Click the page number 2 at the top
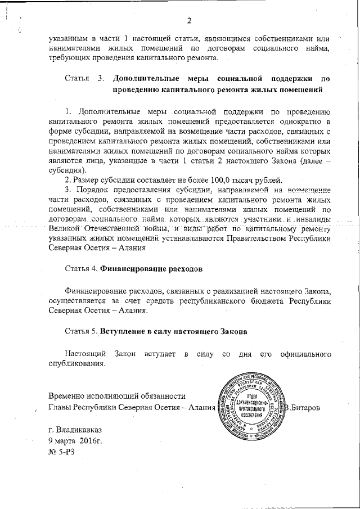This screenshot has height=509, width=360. tap(190, 21)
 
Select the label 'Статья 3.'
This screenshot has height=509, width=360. tap(83, 78)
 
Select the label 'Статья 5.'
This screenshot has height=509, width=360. tap(82, 332)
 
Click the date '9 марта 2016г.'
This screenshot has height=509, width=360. tap(75, 440)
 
